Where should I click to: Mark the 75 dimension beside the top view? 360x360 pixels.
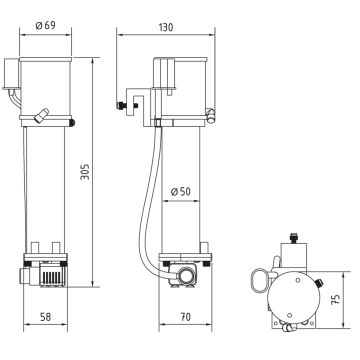tap(336, 297)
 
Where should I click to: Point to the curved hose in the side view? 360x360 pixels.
tap(145, 200)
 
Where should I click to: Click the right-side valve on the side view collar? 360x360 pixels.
tap(212, 116)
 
